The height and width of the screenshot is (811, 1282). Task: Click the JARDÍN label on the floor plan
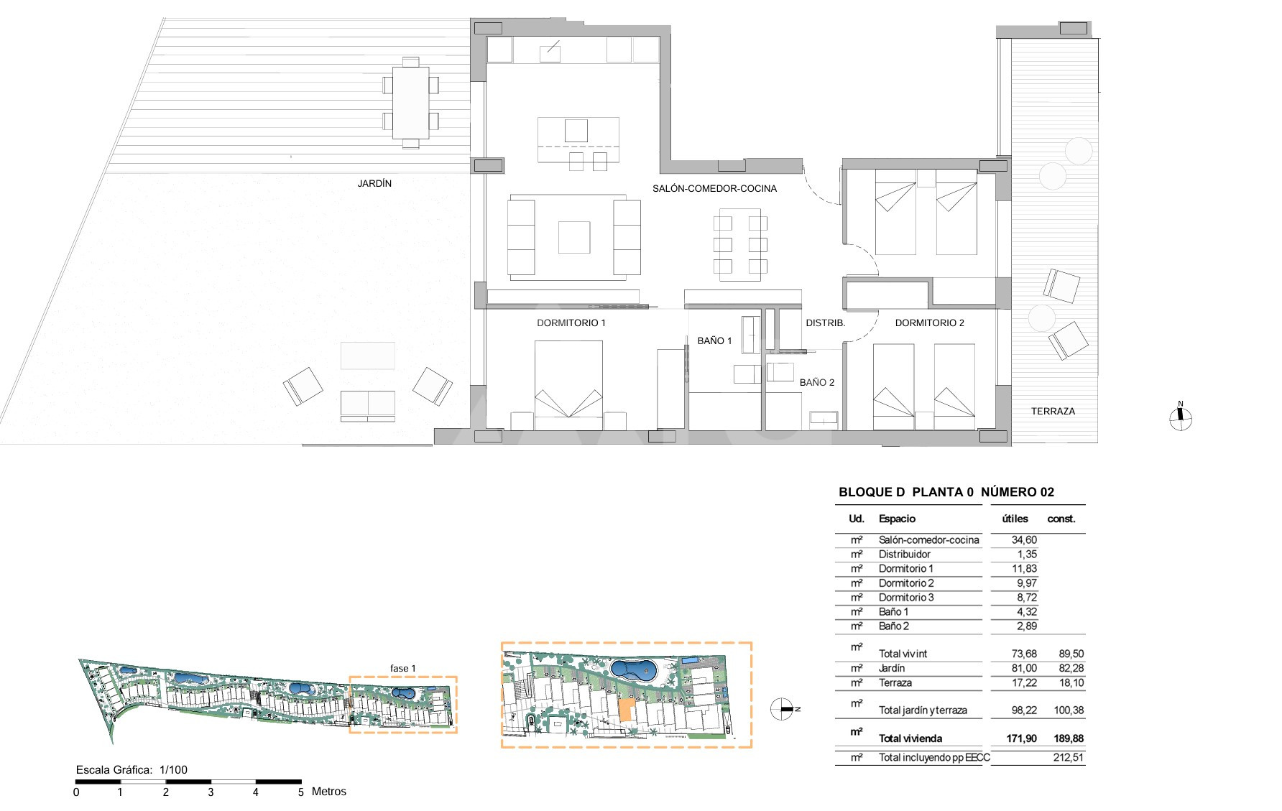pos(374,183)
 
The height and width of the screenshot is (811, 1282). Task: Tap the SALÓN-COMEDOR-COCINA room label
pos(714,188)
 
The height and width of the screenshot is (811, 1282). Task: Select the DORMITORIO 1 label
pos(571,323)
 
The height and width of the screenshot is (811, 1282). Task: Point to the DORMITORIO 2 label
pos(930,323)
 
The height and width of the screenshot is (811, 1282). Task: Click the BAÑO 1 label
pos(714,340)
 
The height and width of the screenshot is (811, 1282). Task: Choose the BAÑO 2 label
pos(817,382)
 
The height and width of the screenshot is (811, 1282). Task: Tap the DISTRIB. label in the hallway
pos(825,323)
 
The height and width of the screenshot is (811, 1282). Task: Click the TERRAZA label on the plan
pos(1053,411)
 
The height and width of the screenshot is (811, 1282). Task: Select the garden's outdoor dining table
pos(410,103)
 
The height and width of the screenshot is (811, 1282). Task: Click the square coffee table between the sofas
pos(574,237)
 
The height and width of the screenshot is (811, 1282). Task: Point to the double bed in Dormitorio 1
pos(568,379)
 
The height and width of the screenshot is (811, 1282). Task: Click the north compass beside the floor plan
pos(1180,417)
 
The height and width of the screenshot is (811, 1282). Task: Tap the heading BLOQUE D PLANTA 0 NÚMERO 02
pos(946,492)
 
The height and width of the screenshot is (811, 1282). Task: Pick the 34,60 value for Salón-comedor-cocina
pos(1024,540)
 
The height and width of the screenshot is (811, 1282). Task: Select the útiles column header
pos(1015,519)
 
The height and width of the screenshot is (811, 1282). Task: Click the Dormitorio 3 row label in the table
pos(906,598)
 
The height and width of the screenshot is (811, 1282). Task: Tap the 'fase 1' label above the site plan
pos(403,668)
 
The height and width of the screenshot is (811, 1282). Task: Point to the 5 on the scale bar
pos(300,792)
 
